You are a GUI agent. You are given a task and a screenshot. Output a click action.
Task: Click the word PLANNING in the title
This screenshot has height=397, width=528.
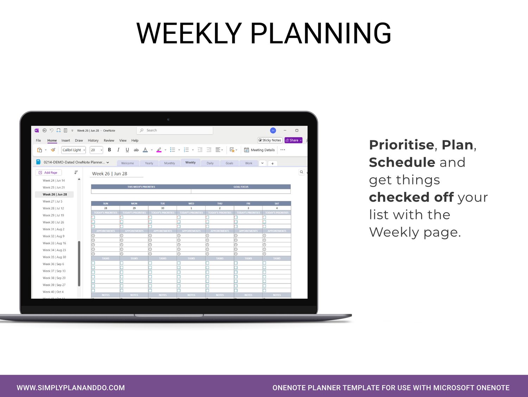[x=321, y=33]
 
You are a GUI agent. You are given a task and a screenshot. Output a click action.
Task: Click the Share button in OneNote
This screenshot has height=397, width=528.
[x=293, y=140]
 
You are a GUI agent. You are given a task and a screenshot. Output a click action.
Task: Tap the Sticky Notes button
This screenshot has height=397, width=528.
[x=270, y=140]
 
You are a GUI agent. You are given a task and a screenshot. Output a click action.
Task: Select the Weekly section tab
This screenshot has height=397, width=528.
[x=190, y=163]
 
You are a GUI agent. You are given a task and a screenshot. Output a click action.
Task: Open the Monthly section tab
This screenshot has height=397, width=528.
[x=169, y=163]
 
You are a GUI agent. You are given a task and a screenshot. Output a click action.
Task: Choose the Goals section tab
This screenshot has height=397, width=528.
[x=229, y=163]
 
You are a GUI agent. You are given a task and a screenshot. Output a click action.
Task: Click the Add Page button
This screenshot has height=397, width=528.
[x=49, y=172]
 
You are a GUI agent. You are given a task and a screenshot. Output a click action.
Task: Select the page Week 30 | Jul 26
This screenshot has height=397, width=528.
[x=54, y=222]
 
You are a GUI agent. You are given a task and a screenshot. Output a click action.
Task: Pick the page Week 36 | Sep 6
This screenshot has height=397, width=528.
[x=54, y=264]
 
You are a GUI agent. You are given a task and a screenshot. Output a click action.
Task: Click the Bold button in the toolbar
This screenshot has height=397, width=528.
[x=109, y=150]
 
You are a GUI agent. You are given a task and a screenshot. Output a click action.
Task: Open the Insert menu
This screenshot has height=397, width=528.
[x=66, y=140]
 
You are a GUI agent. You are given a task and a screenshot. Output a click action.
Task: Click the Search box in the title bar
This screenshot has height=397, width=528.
[x=175, y=130]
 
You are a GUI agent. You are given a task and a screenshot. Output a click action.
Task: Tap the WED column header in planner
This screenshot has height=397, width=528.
[x=191, y=203]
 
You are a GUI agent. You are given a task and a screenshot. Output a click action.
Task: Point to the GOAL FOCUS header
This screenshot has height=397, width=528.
[x=241, y=187]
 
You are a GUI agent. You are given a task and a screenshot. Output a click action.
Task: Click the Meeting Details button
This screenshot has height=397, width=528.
[x=259, y=150]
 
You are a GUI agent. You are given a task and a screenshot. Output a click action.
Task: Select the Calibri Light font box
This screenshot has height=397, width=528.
[x=74, y=150]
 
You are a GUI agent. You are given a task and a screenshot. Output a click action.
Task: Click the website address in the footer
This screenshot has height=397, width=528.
[x=71, y=388]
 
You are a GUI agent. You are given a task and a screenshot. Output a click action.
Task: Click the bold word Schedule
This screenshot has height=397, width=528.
[x=402, y=162]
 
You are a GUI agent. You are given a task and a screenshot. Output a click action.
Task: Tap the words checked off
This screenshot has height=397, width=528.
[x=411, y=197]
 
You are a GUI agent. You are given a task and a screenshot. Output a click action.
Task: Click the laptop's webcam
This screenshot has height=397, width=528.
[x=169, y=119]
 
